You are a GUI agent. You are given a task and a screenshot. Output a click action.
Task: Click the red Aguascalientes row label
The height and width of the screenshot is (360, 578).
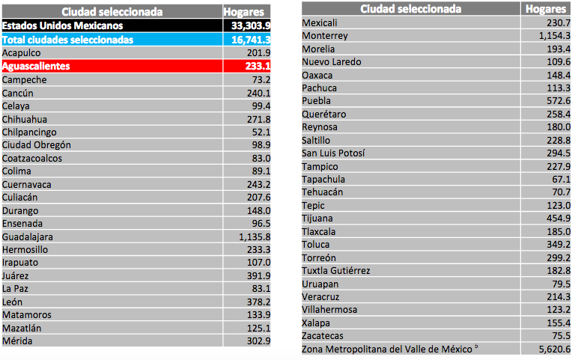coord(36,67)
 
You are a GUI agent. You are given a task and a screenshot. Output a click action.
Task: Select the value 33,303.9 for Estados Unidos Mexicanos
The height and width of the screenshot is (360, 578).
coord(246,25)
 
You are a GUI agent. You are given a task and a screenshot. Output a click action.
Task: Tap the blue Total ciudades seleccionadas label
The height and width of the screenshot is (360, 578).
coord(67,39)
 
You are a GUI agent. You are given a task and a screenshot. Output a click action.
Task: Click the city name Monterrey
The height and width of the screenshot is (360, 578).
coord(324,36)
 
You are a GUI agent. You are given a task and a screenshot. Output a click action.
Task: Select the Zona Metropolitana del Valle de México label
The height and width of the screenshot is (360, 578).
coord(389,349)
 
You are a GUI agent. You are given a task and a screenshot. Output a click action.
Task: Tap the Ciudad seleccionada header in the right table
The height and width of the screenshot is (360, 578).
coord(411,9)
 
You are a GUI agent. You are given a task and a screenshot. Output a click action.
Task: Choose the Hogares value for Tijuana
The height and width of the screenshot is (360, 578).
coord(556,219)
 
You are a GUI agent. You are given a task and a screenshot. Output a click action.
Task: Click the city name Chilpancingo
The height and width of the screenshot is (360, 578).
coord(31,132)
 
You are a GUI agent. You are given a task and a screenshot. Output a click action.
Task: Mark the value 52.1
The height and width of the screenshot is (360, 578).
coord(258,132)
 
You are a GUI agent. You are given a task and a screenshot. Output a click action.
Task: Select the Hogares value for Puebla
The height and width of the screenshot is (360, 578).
coord(556,101)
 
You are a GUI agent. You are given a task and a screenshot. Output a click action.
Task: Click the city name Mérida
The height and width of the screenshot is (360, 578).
coord(17,341)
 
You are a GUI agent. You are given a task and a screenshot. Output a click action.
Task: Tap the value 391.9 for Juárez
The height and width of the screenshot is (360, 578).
coord(257,275)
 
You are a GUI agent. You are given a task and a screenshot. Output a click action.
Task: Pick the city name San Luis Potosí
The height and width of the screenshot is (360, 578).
coord(333,153)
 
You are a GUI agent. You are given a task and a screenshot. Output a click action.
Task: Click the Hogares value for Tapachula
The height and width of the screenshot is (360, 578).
coord(560,180)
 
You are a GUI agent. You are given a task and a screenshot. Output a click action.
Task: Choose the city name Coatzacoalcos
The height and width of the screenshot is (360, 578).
coord(31,158)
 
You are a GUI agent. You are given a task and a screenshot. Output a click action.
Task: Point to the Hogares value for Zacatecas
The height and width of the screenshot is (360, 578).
coord(560,336)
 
